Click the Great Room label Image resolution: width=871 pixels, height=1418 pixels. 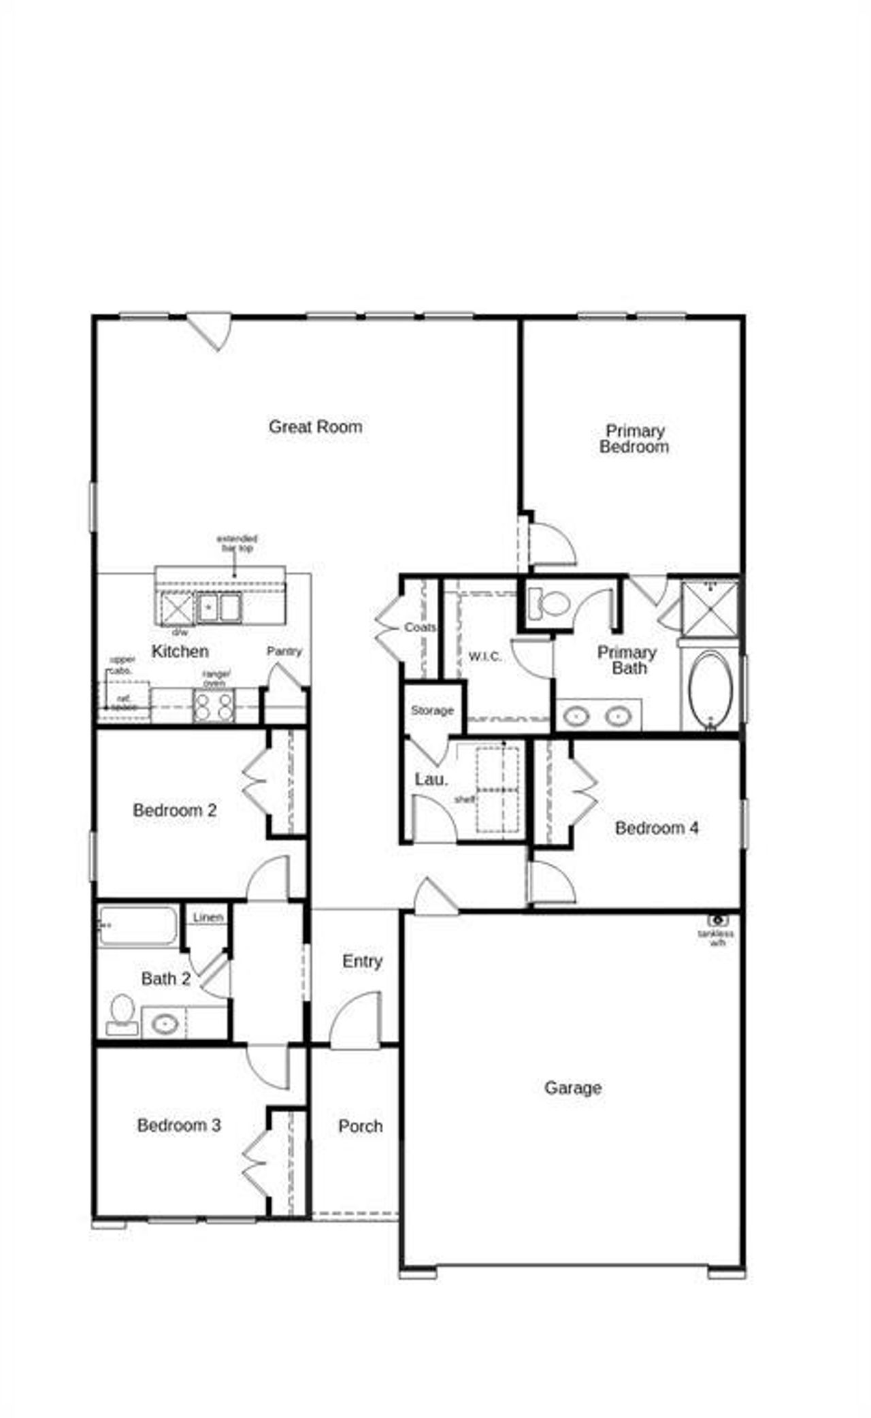click(315, 427)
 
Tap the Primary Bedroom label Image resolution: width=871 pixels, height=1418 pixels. click(634, 439)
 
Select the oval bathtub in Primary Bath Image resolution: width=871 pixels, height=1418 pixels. click(710, 690)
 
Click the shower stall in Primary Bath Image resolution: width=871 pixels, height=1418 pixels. click(710, 608)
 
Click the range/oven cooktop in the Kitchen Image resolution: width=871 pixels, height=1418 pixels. click(214, 706)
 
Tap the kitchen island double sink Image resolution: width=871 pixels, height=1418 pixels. click(218, 607)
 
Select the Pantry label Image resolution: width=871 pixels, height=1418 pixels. click(284, 651)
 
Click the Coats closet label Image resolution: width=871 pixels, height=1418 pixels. click(420, 628)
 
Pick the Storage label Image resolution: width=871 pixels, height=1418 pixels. click(432, 711)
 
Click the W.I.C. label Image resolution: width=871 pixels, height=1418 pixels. click(485, 657)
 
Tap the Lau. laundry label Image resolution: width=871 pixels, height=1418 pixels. click(431, 779)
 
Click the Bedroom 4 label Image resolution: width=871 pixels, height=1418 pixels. click(657, 828)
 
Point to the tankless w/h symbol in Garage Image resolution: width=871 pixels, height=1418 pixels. click(717, 921)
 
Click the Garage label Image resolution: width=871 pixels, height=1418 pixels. click(573, 1088)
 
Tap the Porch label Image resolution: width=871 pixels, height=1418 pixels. click(360, 1127)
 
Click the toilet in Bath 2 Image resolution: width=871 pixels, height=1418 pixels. click(122, 1014)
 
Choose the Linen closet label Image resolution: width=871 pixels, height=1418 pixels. click(208, 918)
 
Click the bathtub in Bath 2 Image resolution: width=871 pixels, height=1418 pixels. click(138, 926)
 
